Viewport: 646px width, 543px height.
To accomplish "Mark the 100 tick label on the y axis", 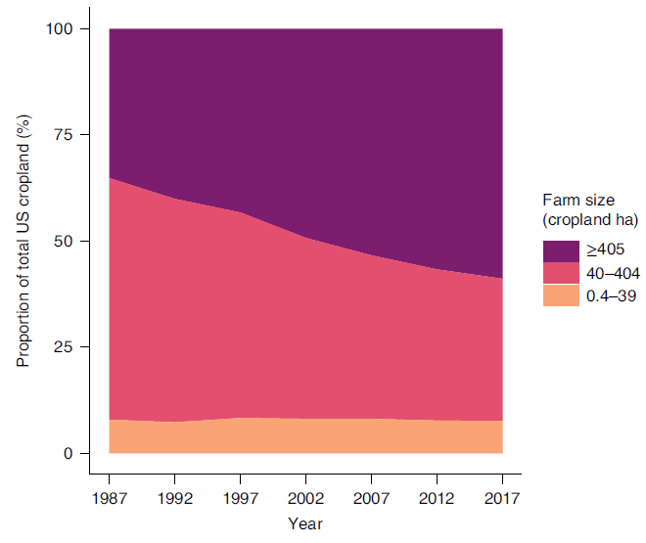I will pyautogui.click(x=61, y=29).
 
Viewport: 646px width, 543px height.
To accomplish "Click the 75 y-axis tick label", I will pyautogui.click(x=66, y=135).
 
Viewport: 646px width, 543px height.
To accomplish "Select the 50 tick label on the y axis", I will pyautogui.click(x=66, y=241).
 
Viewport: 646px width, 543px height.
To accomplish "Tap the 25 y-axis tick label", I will pyautogui.click(x=66, y=347).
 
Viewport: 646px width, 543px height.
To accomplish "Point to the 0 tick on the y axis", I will pyautogui.click(x=69, y=453).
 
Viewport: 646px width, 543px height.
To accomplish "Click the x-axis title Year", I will pyautogui.click(x=305, y=523).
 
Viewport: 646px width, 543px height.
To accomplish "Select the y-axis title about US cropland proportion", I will pyautogui.click(x=24, y=241).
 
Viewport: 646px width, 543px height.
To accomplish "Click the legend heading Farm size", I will pyautogui.click(x=578, y=201).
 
